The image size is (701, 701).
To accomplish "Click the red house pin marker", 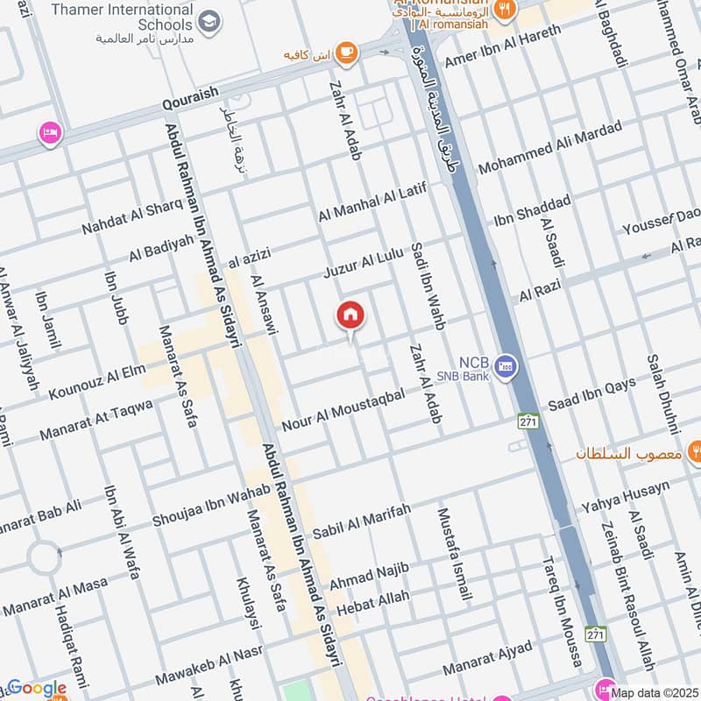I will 350,316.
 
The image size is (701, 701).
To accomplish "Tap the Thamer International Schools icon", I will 209,21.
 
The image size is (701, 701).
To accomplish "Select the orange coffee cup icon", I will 346,53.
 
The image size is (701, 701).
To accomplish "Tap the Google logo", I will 36,689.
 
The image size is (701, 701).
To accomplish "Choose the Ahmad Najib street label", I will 369,576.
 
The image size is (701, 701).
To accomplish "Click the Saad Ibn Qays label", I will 591,393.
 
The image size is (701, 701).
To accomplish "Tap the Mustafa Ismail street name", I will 454,554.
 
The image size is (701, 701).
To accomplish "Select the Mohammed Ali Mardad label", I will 549,146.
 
